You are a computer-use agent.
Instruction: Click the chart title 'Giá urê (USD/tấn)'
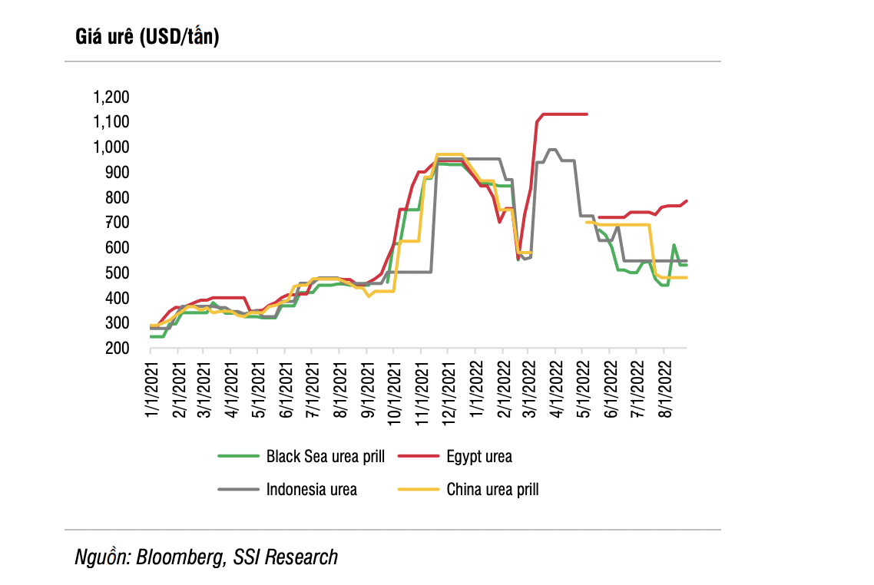pyautogui.click(x=147, y=36)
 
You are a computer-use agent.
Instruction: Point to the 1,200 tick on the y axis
pyautogui.click(x=111, y=97)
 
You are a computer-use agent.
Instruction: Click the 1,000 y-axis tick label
pyautogui.click(x=111, y=147)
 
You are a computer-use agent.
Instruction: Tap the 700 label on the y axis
pyautogui.click(x=117, y=223)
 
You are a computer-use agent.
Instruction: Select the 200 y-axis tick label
pyautogui.click(x=117, y=349)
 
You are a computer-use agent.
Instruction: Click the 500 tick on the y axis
pyautogui.click(x=117, y=273)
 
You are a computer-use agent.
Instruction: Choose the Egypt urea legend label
pyautogui.click(x=478, y=457)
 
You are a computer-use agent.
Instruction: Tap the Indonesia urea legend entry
pyautogui.click(x=311, y=489)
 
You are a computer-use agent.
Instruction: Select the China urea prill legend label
pyautogui.click(x=492, y=489)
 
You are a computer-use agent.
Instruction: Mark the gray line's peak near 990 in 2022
pyautogui.click(x=552, y=149)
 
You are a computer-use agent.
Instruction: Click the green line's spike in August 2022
pyautogui.click(x=674, y=246)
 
